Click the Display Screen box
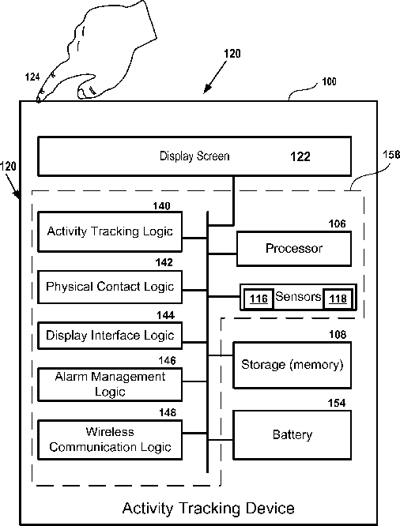pos(194,156)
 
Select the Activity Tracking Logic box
pos(110,231)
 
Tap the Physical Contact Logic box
pos(110,287)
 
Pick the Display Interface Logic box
pos(110,336)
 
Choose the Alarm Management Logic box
pos(110,385)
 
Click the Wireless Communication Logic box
pos(110,439)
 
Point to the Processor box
pos(294,249)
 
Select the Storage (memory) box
pos(292,365)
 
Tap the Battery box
pos(292,434)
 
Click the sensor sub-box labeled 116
pos(258,299)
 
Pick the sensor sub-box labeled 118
pos(338,299)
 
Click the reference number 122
pos(300,156)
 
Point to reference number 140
pos(161,206)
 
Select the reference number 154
pos(337,403)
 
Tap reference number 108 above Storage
pos(338,334)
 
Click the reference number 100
pos(329,81)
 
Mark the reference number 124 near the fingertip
pos(32,77)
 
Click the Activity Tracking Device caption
pos(208,508)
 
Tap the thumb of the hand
pos(88,88)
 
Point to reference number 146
pos(168,361)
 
